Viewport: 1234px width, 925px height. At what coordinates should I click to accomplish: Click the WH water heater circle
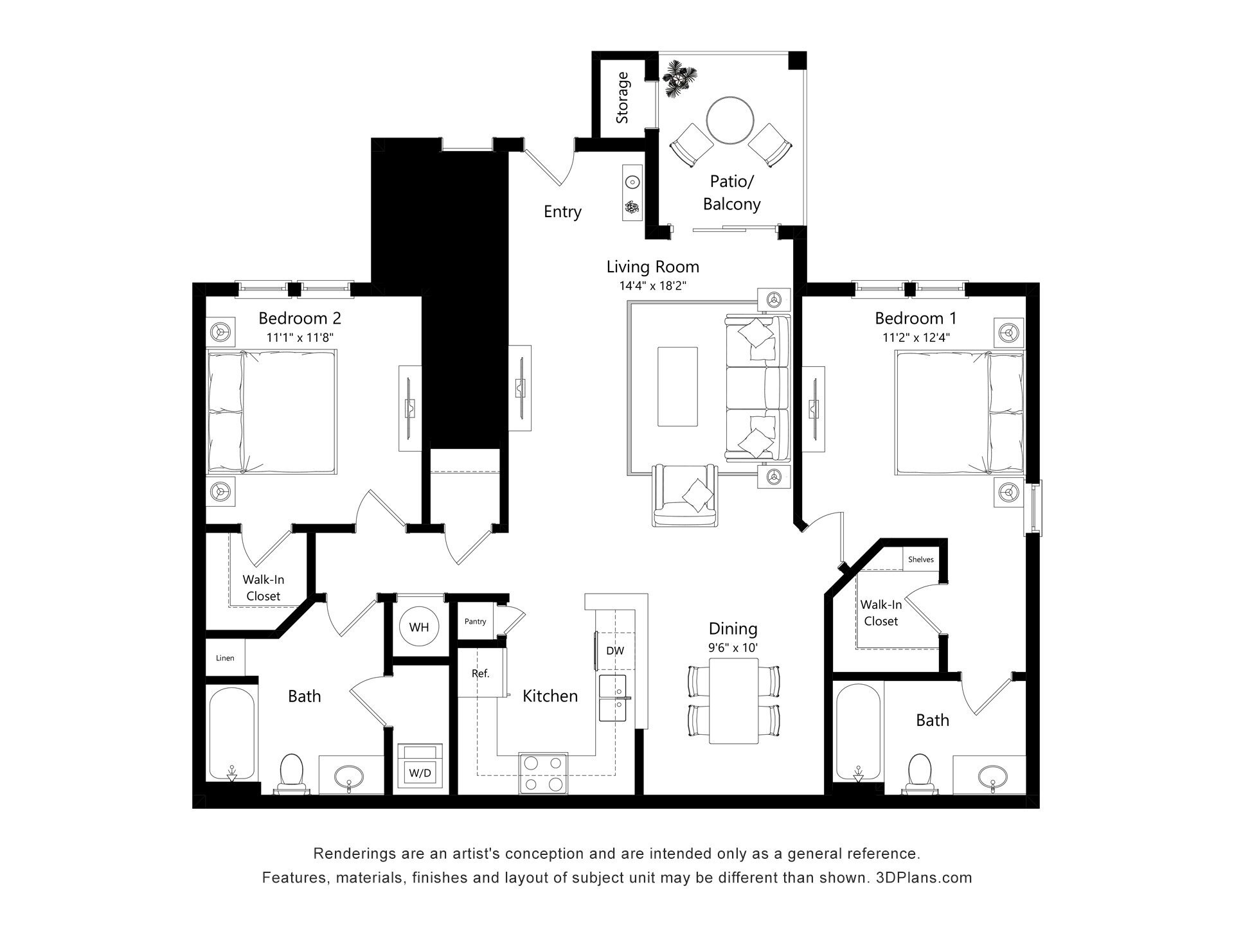click(419, 626)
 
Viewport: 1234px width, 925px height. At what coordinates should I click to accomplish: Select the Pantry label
click(475, 621)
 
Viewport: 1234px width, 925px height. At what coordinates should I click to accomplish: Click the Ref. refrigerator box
click(480, 673)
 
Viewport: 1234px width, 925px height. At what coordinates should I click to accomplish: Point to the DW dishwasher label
click(615, 651)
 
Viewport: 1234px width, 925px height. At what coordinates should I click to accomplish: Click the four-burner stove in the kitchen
click(543, 773)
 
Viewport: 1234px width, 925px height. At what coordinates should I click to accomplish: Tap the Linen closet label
click(225, 658)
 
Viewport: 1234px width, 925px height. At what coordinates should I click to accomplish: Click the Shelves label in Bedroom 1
click(920, 559)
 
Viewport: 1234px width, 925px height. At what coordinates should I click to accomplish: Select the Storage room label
click(622, 98)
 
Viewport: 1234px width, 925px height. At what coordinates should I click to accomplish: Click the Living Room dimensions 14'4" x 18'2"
click(653, 286)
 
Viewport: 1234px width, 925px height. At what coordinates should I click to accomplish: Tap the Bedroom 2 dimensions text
click(300, 337)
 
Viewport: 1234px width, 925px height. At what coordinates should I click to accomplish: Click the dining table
click(733, 701)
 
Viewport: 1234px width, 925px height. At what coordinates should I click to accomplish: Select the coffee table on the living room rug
click(677, 386)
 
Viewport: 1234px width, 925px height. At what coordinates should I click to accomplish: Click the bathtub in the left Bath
click(231, 732)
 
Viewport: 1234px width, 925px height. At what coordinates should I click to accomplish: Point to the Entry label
click(562, 211)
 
